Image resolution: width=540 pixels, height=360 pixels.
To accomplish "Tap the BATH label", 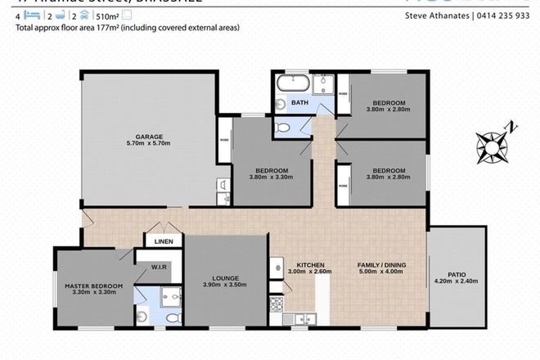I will pos(301,104).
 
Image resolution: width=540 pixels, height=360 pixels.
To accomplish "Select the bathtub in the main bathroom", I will pos(291,83).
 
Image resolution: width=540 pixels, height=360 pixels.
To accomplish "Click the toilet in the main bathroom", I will pos(281,127).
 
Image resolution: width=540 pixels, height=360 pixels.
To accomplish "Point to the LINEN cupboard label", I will pos(157,241).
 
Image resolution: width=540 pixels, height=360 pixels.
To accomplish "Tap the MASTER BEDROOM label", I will pos(93,286).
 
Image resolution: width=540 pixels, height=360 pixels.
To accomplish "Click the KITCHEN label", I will pos(311,266).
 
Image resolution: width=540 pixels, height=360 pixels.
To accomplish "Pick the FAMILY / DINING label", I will pos(381,266).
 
